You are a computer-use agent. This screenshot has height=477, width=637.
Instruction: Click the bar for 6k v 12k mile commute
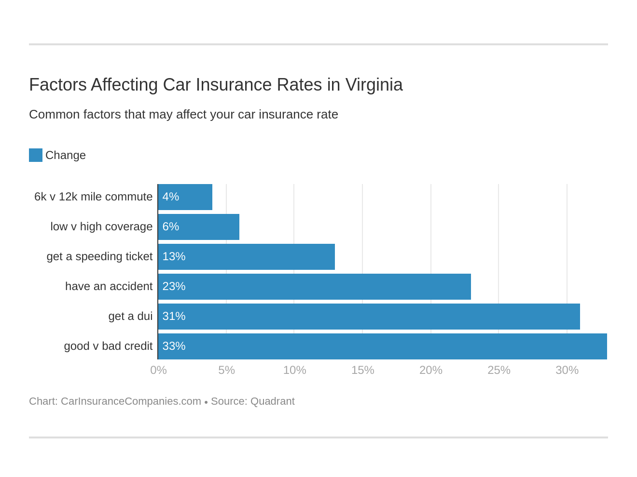pos(185,197)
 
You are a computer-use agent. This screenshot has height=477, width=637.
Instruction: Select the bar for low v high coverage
pos(199,227)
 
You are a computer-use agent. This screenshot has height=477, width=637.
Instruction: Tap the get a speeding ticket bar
pos(247,257)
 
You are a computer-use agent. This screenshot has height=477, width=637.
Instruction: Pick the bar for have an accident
pos(315,287)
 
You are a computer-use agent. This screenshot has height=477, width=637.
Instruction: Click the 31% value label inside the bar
pos(174,317)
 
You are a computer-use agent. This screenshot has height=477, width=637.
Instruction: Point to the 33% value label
pos(174,346)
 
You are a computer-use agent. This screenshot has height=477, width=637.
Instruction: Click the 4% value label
pos(171,197)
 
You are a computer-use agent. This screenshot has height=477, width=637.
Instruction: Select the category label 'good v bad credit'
pos(108,346)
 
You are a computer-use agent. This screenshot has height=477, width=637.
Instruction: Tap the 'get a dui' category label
pos(130,317)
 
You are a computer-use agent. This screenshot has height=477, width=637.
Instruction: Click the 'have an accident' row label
pos(109,287)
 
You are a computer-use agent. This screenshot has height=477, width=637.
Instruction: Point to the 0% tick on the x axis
pos(158,371)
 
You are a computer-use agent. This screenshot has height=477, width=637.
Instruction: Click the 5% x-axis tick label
pos(226,371)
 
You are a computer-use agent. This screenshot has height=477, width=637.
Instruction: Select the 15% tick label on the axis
pos(362,371)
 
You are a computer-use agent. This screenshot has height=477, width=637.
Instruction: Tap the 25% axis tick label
pos(499,371)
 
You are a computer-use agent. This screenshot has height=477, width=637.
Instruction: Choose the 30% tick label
pos(567,371)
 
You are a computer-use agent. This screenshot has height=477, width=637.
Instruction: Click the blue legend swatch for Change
pos(36,155)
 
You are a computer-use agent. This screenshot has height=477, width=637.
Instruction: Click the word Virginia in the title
pos(374,85)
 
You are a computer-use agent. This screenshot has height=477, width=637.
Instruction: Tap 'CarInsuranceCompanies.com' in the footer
pos(131,401)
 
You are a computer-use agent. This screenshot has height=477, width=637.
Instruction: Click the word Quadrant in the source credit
pos(272,401)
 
